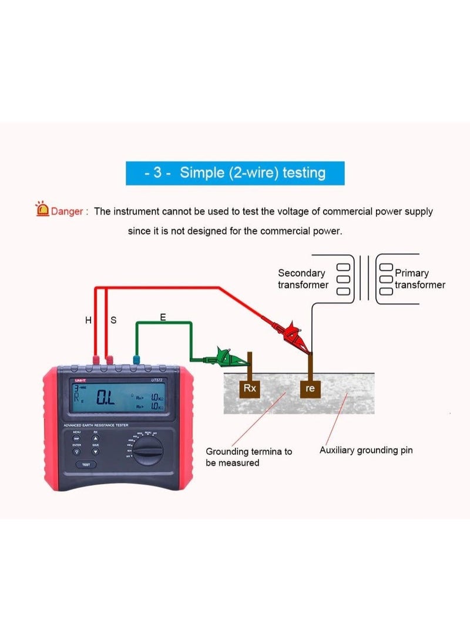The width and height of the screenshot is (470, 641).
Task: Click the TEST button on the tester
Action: pyautogui.click(x=86, y=464)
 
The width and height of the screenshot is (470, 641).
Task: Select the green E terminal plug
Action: pyautogui.click(x=137, y=360)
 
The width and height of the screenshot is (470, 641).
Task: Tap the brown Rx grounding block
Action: pyautogui.click(x=249, y=388)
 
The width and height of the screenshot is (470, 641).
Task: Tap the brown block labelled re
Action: pyautogui.click(x=310, y=388)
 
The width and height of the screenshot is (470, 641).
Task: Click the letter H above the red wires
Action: pyautogui.click(x=88, y=320)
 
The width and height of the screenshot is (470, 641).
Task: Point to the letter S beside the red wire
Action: pyautogui.click(x=113, y=320)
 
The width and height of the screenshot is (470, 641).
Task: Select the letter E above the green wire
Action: pyautogui.click(x=163, y=317)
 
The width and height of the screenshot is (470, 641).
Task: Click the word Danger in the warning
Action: pyautogui.click(x=67, y=212)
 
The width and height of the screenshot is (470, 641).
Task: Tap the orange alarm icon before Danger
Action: pyautogui.click(x=42, y=209)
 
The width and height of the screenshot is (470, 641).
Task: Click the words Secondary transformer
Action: pyautogui.click(x=302, y=278)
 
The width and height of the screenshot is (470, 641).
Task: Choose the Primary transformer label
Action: pyautogui.click(x=419, y=278)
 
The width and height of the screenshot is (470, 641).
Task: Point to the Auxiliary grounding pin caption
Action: pyautogui.click(x=366, y=450)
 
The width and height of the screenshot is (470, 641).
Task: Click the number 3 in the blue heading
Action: pyautogui.click(x=157, y=173)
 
